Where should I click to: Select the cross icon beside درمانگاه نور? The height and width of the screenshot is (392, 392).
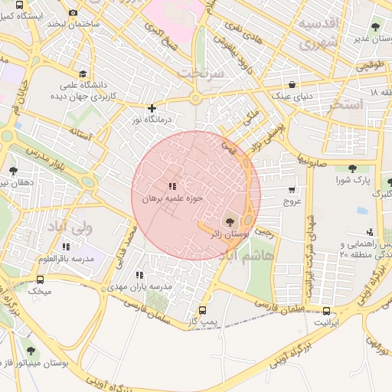click(x=152, y=108)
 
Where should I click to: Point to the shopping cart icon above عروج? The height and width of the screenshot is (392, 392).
click(x=292, y=190)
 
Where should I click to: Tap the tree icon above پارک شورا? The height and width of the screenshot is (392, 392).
click(x=352, y=168)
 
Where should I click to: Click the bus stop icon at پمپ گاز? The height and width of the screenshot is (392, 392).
click(x=202, y=311)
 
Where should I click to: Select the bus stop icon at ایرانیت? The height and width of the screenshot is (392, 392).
click(x=327, y=312)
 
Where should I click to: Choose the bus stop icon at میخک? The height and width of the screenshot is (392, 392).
click(x=40, y=279)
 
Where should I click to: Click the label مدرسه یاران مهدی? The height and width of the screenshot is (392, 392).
click(x=139, y=286)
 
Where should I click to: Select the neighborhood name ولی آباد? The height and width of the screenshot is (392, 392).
click(x=91, y=227)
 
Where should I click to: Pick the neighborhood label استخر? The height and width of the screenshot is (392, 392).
click(x=342, y=106)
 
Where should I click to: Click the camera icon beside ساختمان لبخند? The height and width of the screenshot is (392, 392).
click(x=73, y=13)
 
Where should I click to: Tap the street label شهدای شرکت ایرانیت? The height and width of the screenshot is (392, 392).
click(x=310, y=237)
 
